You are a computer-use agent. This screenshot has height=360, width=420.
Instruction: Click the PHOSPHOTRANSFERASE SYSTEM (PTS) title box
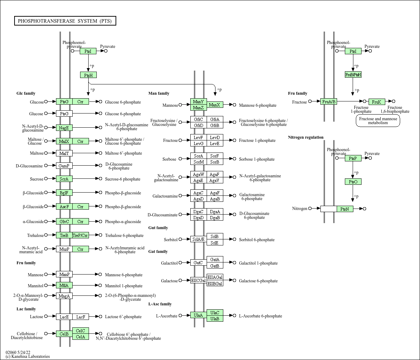tap(65, 21)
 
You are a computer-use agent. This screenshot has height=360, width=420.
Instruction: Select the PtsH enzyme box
tap(88, 75)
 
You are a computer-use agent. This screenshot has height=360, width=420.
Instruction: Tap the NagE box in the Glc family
tap(64, 128)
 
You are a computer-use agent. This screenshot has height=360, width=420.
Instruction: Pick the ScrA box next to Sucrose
tap(64, 179)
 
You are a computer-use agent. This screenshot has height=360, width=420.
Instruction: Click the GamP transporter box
tap(64, 166)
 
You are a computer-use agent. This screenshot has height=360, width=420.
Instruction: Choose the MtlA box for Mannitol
tap(64, 285)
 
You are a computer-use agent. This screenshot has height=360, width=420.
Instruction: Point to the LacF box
tap(80, 317)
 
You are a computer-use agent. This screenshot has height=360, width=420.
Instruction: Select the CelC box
tap(80, 331)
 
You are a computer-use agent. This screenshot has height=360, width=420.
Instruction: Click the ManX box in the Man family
tap(215, 105)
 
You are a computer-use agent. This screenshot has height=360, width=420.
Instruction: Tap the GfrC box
tap(198, 119)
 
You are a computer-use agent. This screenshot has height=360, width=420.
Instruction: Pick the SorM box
tap(198, 162)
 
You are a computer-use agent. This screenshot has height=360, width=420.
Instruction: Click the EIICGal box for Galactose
tap(198, 281)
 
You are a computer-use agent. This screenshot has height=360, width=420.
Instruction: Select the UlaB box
tap(215, 319)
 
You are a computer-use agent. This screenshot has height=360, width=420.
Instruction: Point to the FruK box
tap(377, 102)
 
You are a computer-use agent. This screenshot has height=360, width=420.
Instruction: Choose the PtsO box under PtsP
tap(353, 182)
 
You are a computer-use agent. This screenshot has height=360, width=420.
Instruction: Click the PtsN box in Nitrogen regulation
tap(345, 209)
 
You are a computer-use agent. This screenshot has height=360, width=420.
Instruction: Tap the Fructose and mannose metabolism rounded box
tap(378, 121)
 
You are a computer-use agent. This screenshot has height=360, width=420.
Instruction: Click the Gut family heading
tap(158, 228)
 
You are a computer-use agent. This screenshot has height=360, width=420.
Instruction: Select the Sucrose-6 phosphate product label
tap(123, 179)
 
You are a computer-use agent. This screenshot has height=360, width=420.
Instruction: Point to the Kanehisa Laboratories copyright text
tap(28, 356)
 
